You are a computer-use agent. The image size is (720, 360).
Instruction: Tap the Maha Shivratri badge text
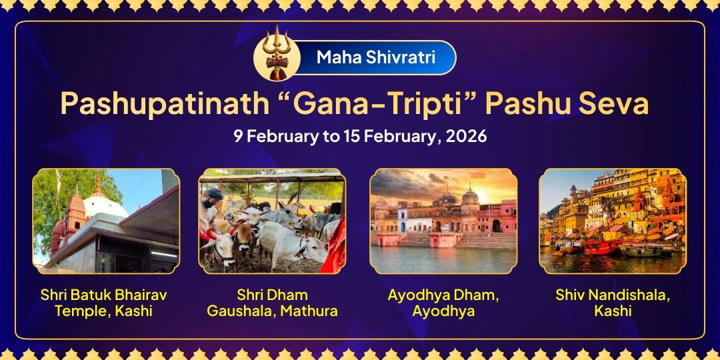376,57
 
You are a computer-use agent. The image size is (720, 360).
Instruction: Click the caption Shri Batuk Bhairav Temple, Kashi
103,303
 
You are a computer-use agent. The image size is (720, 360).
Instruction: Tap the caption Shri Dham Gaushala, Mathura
272,303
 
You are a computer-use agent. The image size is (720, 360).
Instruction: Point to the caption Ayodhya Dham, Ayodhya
443,303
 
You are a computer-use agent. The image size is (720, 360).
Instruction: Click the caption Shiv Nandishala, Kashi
611,303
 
